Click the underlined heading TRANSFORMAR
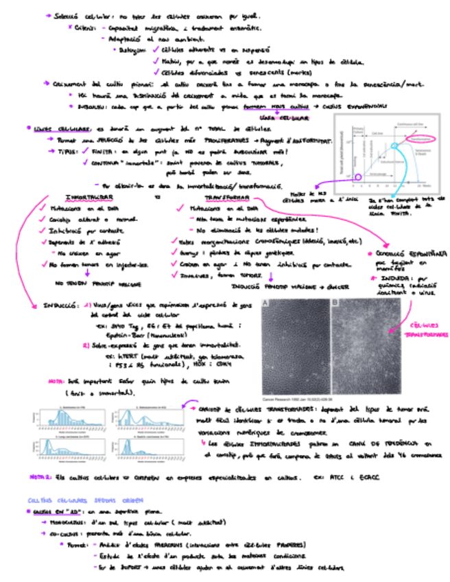pyautogui.click(x=215, y=196)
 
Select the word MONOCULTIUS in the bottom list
pyautogui.click(x=67, y=524)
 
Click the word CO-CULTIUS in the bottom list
pyautogui.click(x=63, y=535)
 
